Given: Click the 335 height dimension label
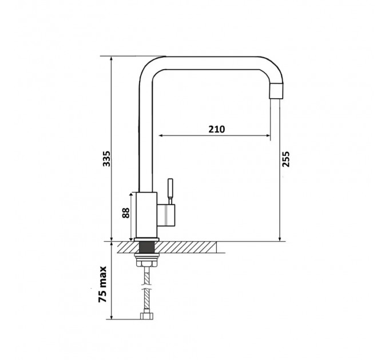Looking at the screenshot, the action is click(x=106, y=158).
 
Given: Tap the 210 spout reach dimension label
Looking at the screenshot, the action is click(x=217, y=129).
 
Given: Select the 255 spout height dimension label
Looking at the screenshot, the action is click(x=285, y=159).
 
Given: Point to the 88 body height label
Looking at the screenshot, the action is click(x=126, y=213).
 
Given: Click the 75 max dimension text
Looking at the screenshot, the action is click(x=103, y=284).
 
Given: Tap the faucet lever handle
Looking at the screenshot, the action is click(x=170, y=191).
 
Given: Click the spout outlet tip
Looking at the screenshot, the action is click(x=276, y=91).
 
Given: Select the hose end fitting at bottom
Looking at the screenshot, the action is click(x=146, y=316).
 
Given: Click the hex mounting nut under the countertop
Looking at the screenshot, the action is click(x=146, y=263).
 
